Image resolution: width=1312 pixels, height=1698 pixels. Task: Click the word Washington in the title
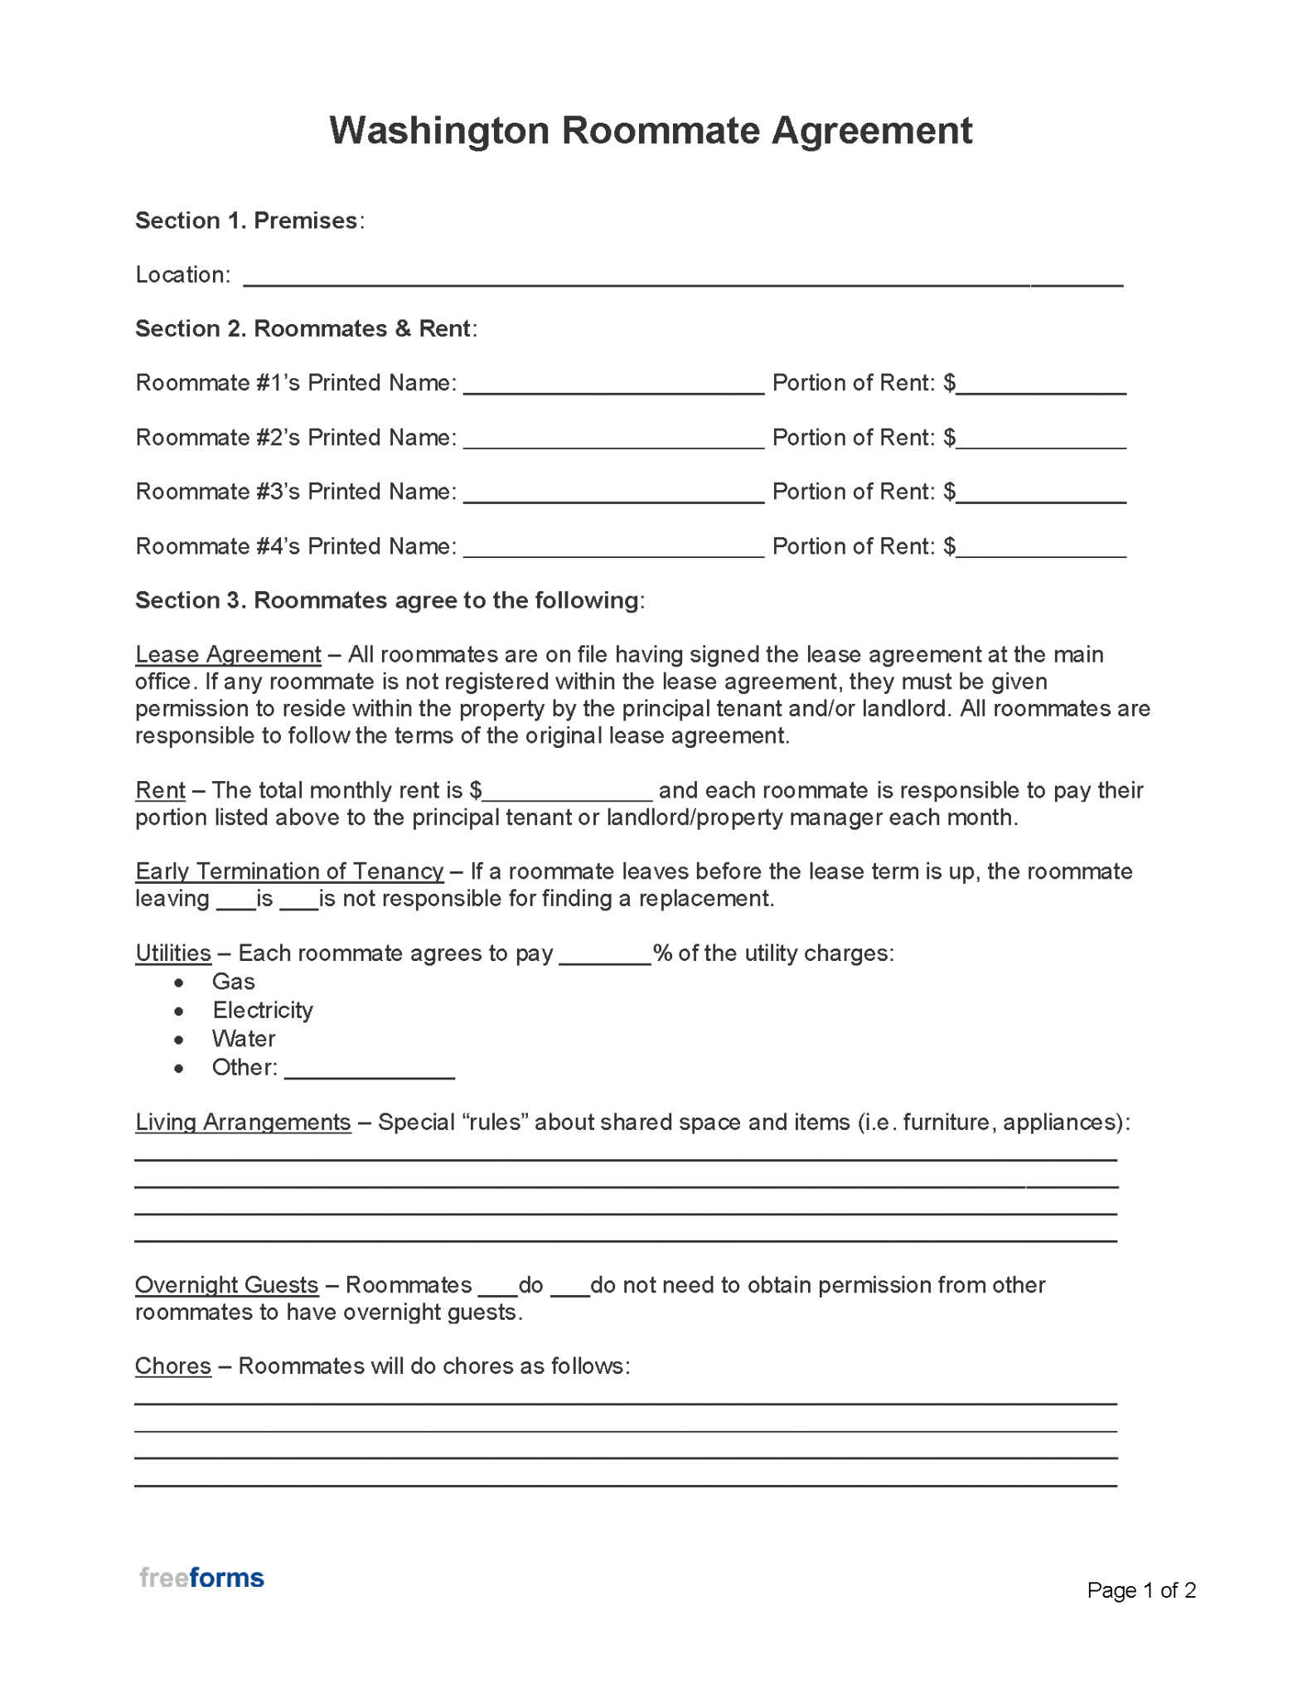coord(438,131)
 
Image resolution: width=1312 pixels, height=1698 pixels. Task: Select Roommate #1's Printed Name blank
coord(613,386)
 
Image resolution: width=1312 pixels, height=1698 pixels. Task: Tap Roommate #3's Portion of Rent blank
coord(1041,494)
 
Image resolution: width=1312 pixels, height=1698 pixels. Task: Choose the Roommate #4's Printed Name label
coord(296,546)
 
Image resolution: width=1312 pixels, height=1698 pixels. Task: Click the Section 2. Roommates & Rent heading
coord(306,329)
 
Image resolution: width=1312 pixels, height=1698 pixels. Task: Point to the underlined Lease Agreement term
coord(228,655)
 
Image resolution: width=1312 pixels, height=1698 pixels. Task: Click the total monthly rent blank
coord(568,793)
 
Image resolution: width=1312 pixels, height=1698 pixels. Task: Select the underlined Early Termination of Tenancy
coord(289,871)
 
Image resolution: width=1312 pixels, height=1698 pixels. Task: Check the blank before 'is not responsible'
coord(299,901)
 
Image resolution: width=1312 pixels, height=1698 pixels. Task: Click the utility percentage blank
coord(605,956)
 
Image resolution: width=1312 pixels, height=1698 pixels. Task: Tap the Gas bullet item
coord(233,982)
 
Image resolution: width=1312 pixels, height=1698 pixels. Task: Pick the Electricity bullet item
coord(263,1010)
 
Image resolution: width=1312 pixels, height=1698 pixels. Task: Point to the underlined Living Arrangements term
coord(243,1122)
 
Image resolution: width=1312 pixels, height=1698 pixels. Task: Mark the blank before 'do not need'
coord(569,1288)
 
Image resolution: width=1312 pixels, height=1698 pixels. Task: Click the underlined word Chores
coord(173,1366)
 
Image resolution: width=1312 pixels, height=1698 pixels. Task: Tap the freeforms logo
coord(201,1577)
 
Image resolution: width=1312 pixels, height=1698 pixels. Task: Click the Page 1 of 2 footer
coord(1140,1589)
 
